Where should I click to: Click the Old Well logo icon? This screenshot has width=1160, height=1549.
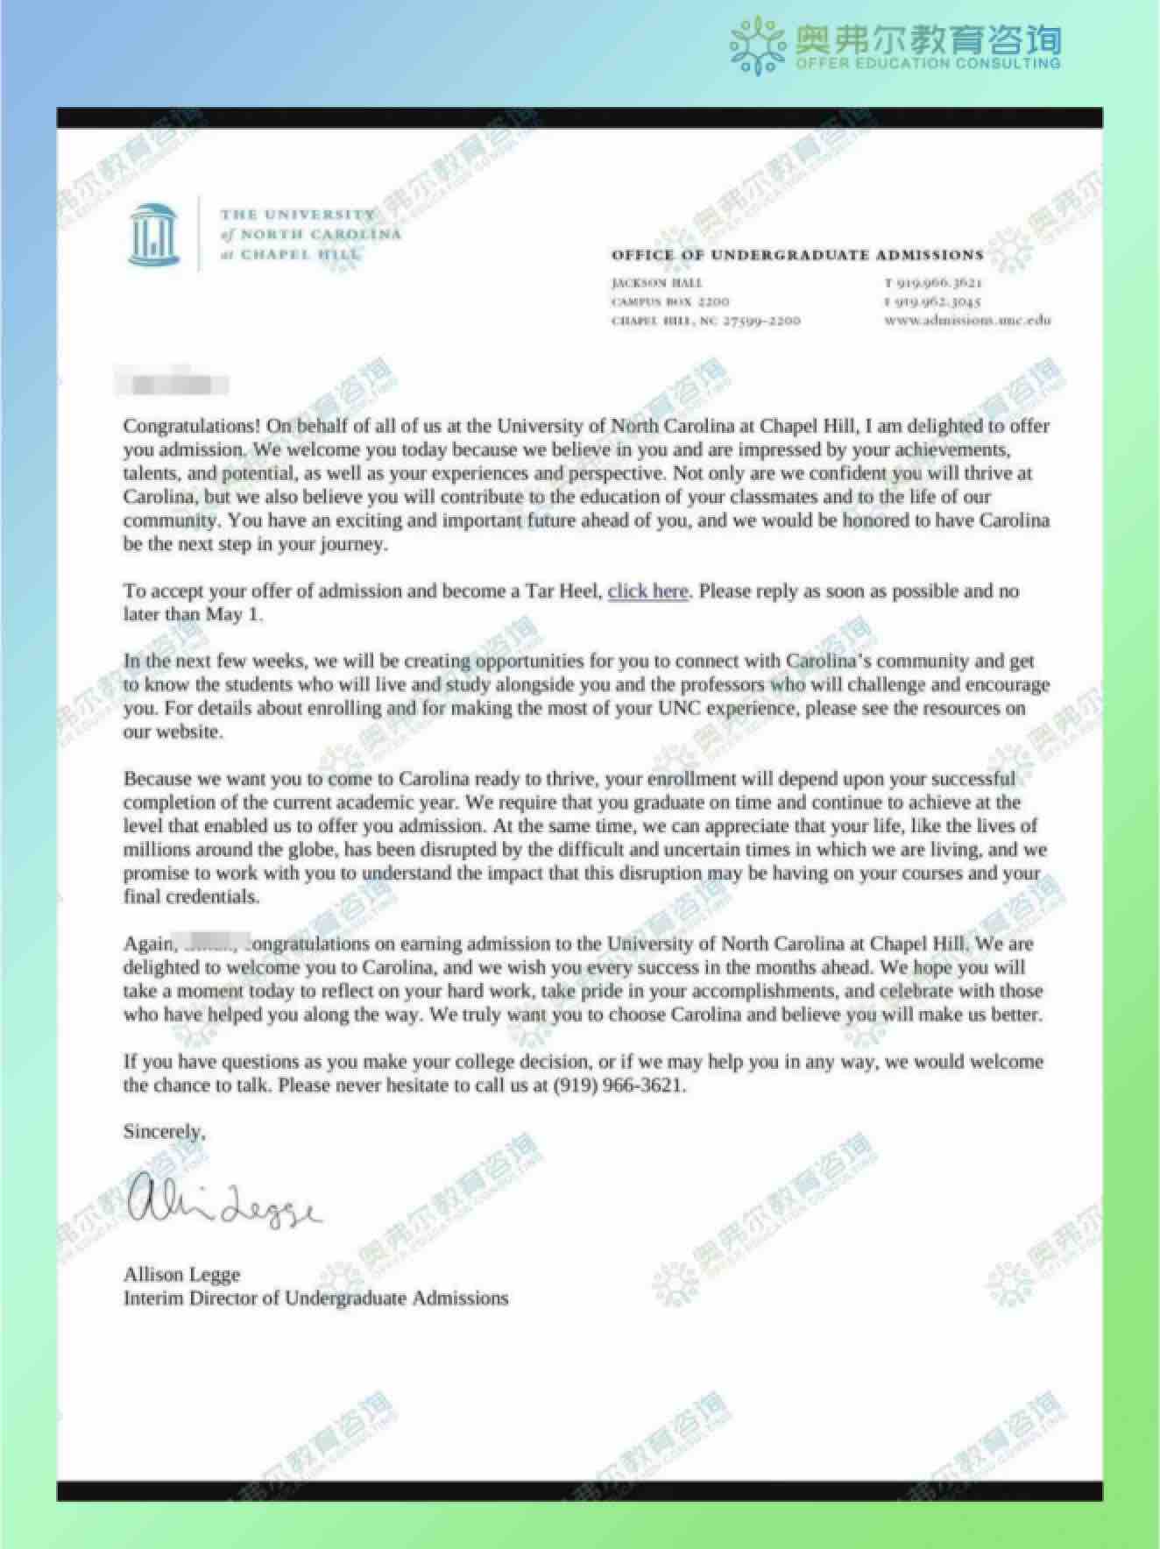point(154,233)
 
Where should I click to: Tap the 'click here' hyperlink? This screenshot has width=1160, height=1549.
point(647,591)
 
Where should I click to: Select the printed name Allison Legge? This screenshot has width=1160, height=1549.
point(181,1274)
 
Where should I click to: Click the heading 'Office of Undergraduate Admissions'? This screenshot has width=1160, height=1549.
point(797,255)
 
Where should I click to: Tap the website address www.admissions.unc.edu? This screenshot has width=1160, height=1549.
point(967,320)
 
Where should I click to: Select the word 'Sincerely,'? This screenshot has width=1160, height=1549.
point(164,1131)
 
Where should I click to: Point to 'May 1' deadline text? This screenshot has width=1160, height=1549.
point(233,614)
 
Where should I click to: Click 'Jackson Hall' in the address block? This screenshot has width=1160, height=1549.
point(656,282)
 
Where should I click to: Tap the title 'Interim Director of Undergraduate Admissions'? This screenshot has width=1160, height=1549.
point(315,1298)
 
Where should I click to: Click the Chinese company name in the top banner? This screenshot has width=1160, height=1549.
point(927,39)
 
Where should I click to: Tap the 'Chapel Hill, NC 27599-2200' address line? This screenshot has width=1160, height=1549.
point(705,321)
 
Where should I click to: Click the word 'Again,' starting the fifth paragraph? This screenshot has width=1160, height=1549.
point(149,944)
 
